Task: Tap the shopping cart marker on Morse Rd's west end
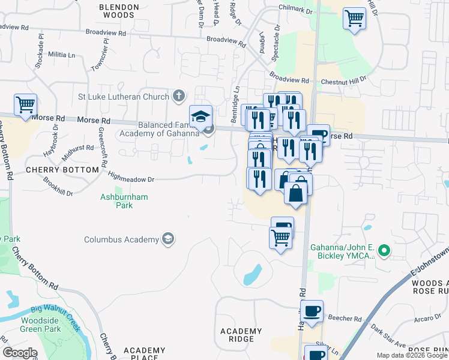(x=25, y=106)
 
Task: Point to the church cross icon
(x=178, y=95)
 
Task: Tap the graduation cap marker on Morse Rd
(x=201, y=116)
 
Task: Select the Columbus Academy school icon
(x=169, y=239)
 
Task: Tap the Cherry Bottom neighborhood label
(x=62, y=170)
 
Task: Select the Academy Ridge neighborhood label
(x=241, y=335)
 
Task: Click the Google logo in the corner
(x=20, y=353)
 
